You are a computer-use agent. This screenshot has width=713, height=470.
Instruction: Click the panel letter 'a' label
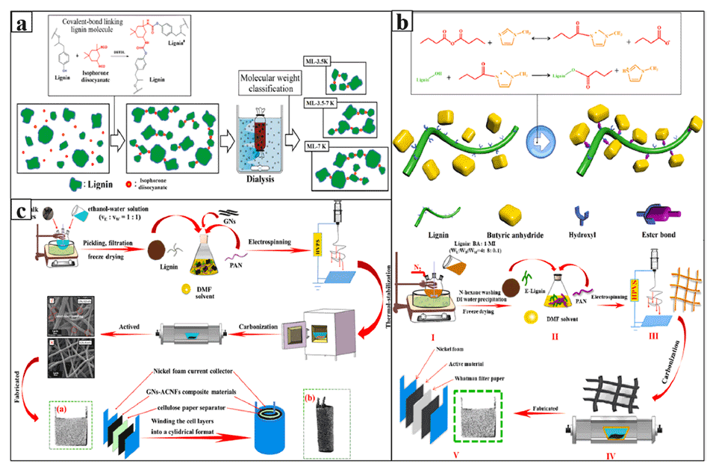25,20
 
